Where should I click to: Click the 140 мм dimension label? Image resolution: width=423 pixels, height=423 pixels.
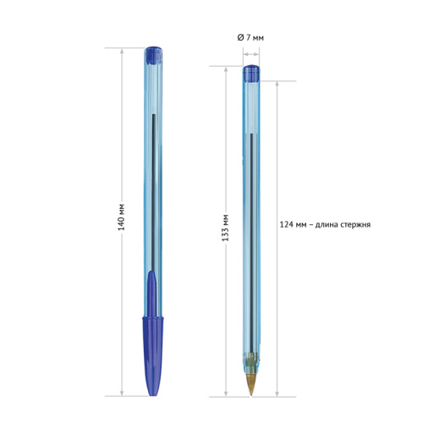[x=121, y=217]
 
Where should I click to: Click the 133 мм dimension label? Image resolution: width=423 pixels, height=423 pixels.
[x=225, y=228]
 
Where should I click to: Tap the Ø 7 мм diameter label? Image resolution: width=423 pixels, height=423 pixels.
[x=250, y=37]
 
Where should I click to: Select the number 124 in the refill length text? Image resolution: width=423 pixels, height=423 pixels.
[x=286, y=225]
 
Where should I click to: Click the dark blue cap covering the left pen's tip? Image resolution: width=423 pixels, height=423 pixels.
[x=153, y=356]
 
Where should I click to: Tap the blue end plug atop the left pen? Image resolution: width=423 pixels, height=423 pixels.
[x=153, y=55]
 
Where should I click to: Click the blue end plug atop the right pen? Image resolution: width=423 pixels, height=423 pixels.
[x=251, y=74]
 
